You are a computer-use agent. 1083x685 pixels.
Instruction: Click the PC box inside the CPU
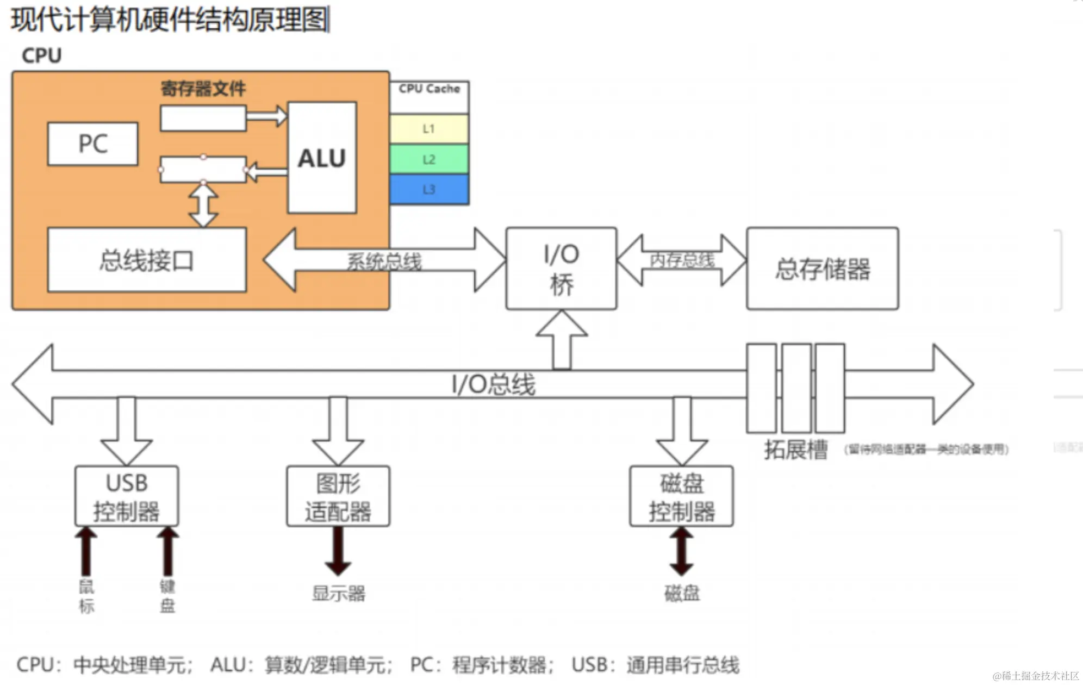click(x=92, y=144)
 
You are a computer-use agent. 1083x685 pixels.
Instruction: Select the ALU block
click(x=322, y=158)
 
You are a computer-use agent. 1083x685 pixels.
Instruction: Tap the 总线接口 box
click(x=147, y=260)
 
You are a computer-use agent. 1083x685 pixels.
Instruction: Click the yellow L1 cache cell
click(x=429, y=129)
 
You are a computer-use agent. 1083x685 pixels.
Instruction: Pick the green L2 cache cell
click(x=429, y=159)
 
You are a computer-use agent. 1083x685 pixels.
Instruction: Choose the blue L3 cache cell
click(x=429, y=189)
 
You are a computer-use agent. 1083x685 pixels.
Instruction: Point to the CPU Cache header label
click(x=429, y=89)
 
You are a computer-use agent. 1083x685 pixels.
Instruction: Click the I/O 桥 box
click(x=561, y=269)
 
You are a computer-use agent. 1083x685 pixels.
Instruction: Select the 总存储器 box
click(x=822, y=269)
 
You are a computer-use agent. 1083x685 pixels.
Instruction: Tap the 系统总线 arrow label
click(x=384, y=261)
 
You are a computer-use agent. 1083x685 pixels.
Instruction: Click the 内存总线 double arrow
click(x=682, y=260)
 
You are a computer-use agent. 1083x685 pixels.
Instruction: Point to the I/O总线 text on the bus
click(x=493, y=384)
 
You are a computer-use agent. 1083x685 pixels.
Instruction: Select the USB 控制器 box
click(x=126, y=496)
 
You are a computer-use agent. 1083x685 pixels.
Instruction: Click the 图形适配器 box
click(x=338, y=496)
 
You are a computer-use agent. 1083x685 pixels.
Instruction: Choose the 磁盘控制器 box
click(x=681, y=496)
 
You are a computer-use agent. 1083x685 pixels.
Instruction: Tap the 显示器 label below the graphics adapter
click(x=338, y=593)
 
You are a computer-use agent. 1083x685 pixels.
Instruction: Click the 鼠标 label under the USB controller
click(x=86, y=596)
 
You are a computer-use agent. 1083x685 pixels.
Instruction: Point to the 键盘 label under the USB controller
click(x=167, y=596)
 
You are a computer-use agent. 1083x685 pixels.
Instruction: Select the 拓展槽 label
click(x=795, y=450)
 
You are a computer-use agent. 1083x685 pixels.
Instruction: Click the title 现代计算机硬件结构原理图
click(x=170, y=20)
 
